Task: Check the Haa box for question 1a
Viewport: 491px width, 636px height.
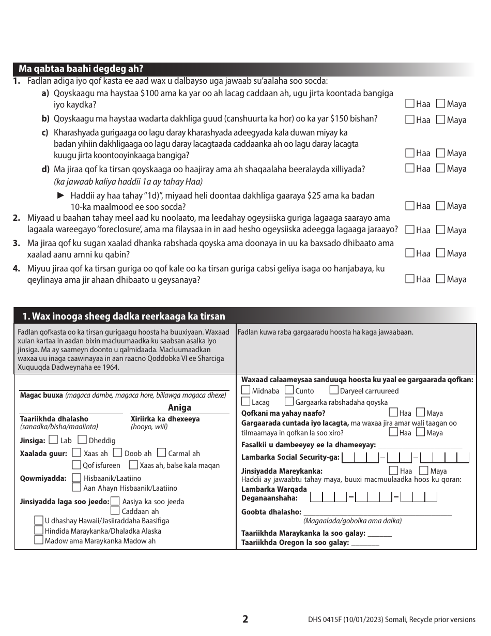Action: coord(410,104)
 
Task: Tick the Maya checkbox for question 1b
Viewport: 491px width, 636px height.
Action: coord(440,120)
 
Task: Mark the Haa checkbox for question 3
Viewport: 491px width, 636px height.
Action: coord(410,253)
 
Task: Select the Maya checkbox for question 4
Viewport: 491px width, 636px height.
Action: coord(440,279)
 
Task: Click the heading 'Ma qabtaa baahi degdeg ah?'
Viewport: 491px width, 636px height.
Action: coord(81,69)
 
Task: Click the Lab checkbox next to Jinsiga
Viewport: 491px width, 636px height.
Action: coord(53,441)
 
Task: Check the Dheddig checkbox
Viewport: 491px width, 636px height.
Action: coord(82,441)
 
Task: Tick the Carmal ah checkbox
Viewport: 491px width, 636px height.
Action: coord(161,453)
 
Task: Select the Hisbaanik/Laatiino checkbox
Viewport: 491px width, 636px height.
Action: coord(76,478)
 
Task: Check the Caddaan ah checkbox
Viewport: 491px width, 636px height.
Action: coord(115,511)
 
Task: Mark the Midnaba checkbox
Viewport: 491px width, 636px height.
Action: coord(246,390)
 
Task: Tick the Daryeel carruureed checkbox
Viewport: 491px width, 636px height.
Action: coord(334,390)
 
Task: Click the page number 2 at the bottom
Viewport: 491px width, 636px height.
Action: coord(245,619)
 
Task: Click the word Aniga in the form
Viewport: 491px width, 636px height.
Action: coord(179,407)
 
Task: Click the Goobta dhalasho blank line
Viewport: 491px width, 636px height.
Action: coord(377,512)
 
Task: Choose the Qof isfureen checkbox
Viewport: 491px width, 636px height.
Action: coord(76,465)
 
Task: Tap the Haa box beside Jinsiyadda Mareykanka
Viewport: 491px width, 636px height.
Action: coord(393,471)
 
